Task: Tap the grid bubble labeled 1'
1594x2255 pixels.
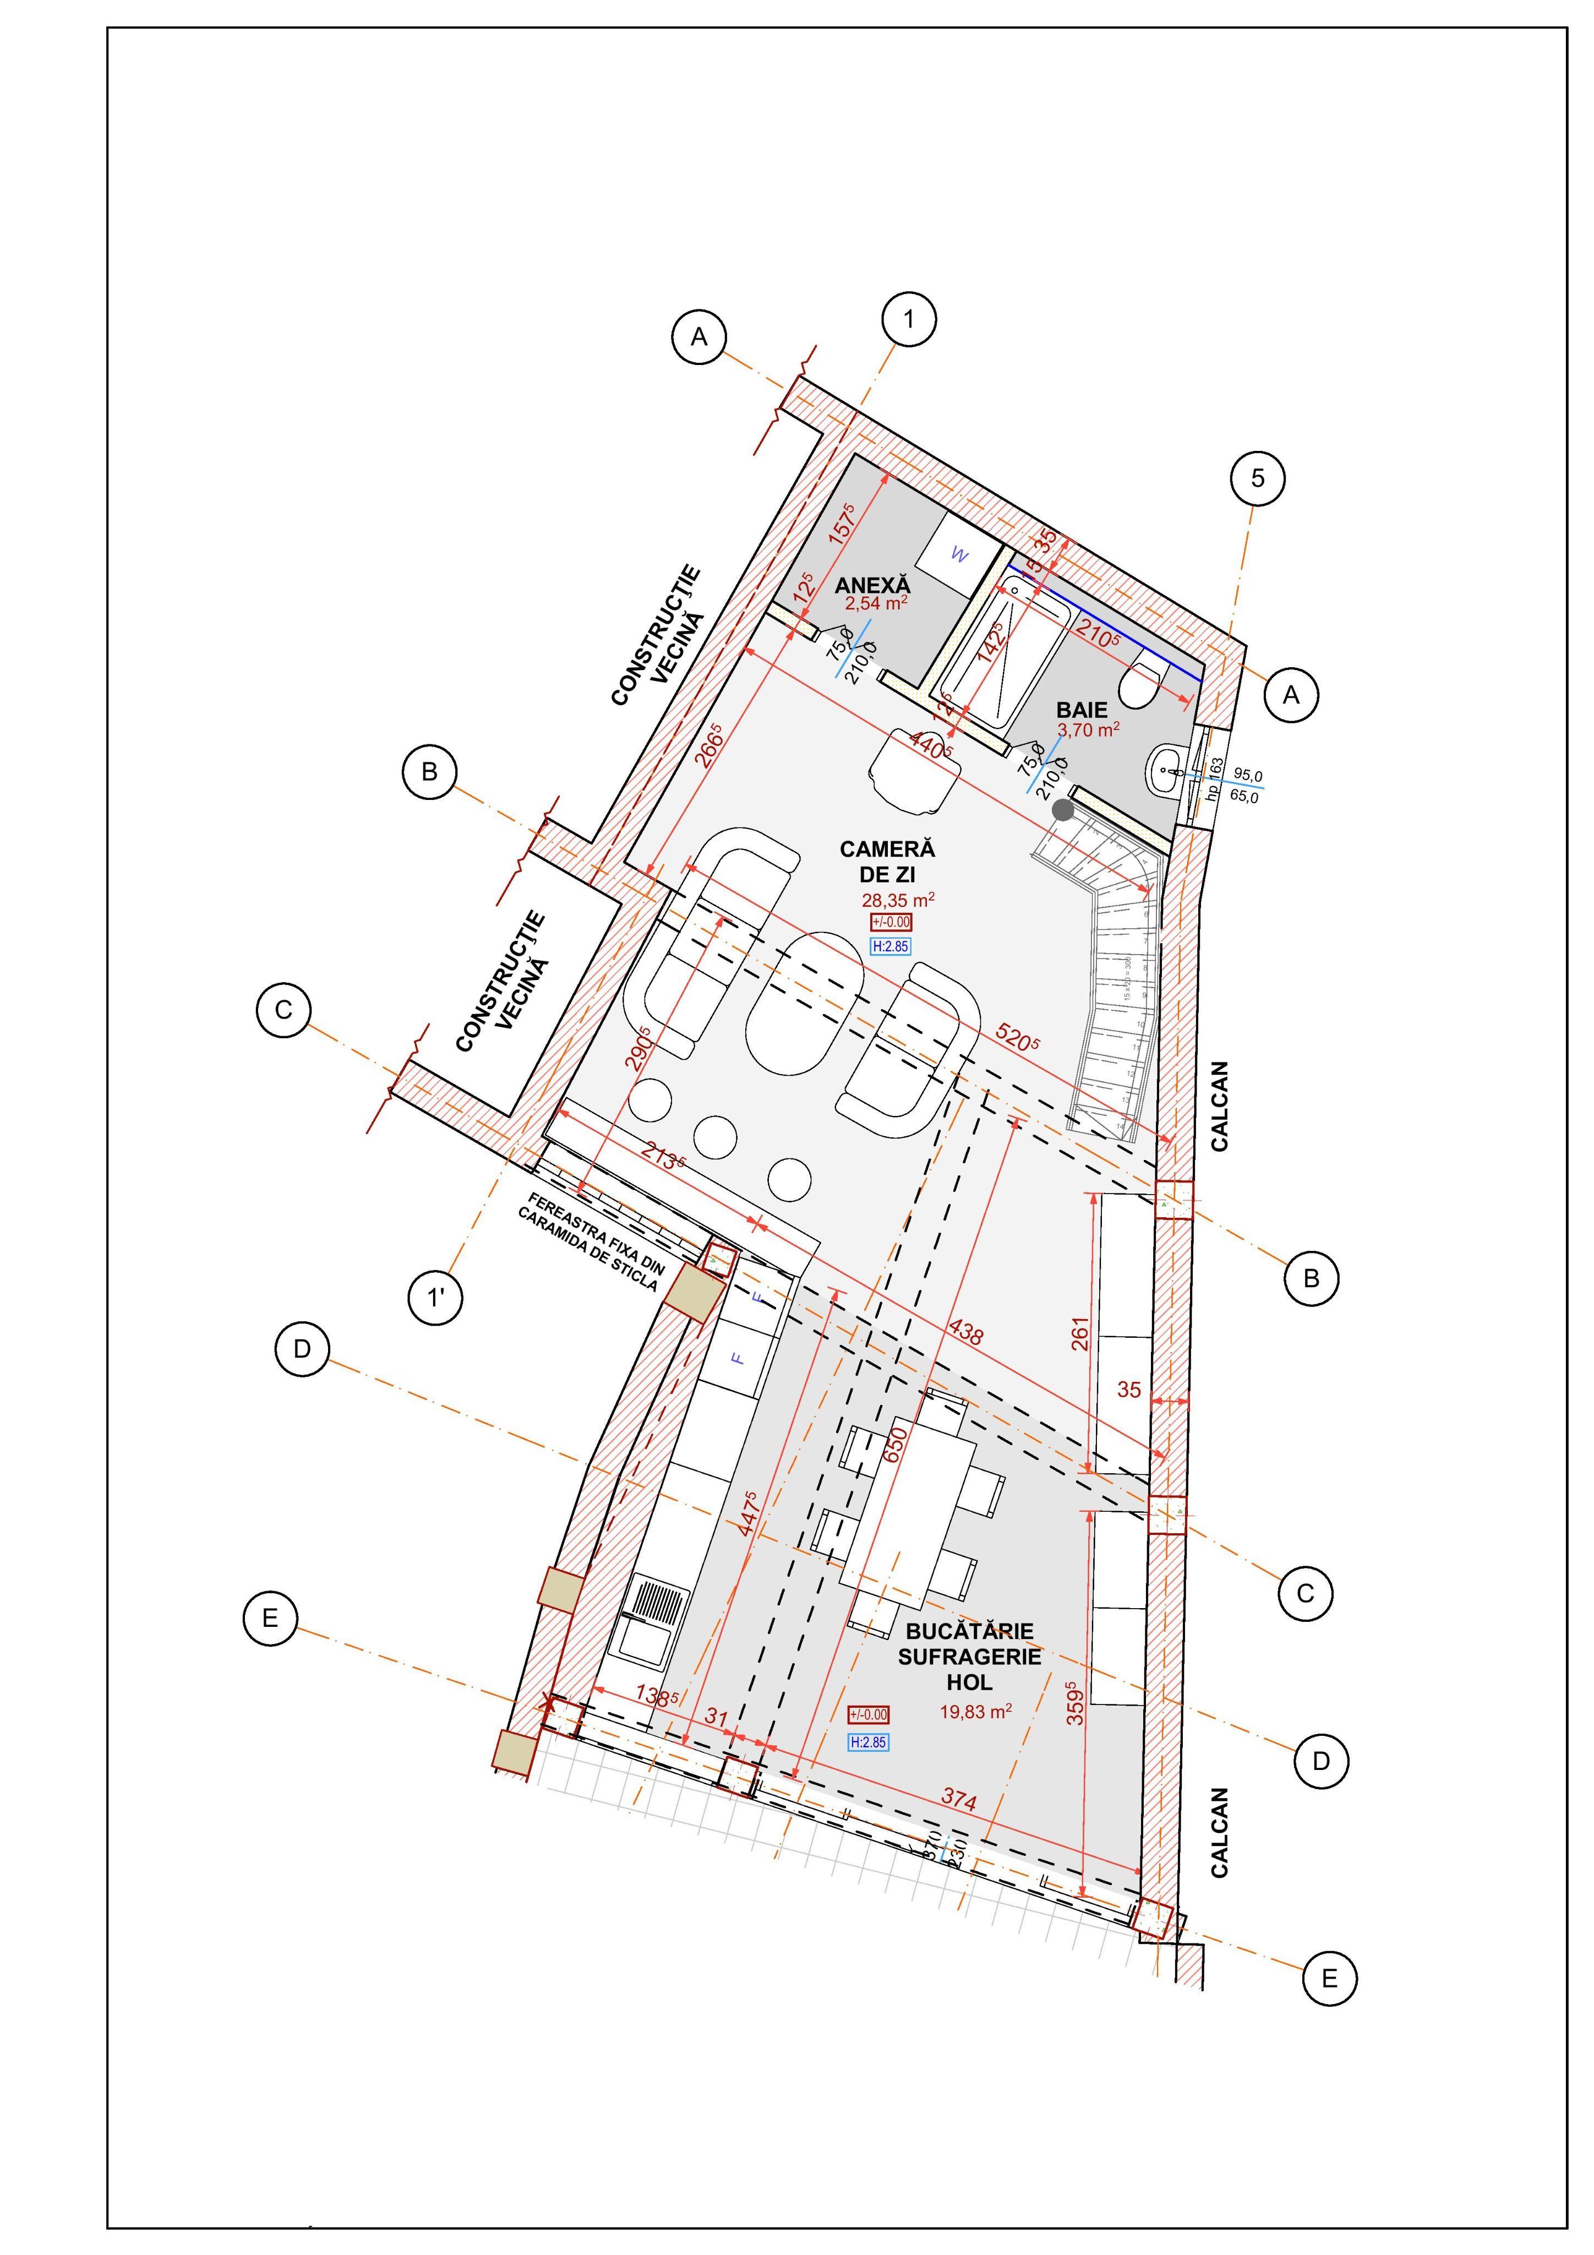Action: click(435, 1298)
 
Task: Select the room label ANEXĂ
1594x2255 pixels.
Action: click(872, 585)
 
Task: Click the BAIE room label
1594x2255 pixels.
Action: click(1082, 709)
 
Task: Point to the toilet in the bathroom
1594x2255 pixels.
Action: click(1144, 684)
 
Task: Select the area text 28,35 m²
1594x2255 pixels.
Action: click(898, 900)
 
